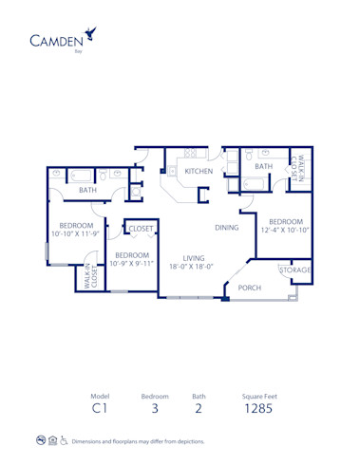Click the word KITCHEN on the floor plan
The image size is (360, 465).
pos(199,171)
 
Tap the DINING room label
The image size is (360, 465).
pos(226,228)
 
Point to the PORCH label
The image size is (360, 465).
pos(250,288)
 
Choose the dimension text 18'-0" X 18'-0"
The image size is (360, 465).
pos(194,268)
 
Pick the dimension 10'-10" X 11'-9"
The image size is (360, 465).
pos(74,232)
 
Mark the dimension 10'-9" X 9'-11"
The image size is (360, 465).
pos(131,263)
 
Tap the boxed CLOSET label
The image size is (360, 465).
pos(142,229)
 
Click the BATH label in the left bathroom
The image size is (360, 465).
pos(87,190)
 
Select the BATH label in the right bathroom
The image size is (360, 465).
pos(263,167)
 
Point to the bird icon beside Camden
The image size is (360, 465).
pos(91,33)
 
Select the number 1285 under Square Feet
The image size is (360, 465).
pos(258,410)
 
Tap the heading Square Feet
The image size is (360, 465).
pos(258,396)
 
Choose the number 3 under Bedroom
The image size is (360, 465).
pos(155,410)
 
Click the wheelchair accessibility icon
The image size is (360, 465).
pos(64,440)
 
